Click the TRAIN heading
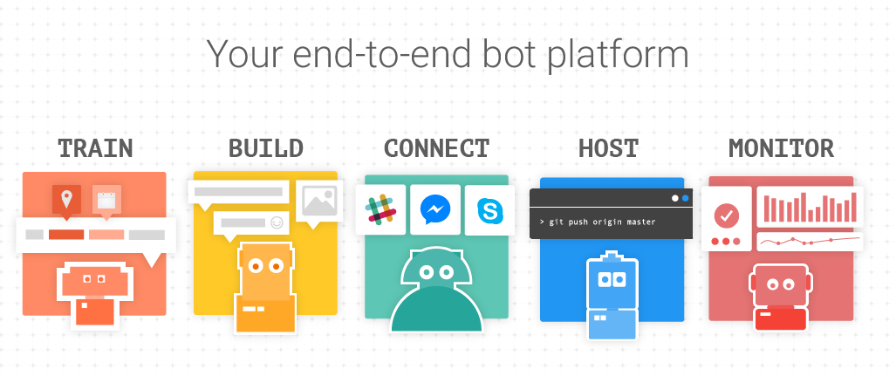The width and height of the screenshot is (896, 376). click(95, 147)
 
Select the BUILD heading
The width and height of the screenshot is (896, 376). click(265, 147)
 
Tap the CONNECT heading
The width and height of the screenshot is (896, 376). click(436, 147)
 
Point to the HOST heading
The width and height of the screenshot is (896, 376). click(608, 147)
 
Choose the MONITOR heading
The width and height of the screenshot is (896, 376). click(781, 147)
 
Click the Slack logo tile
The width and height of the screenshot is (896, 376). click(381, 209)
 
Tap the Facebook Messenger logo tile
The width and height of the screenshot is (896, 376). click(434, 209)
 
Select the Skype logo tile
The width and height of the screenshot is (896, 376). click(489, 209)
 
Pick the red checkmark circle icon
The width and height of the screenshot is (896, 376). click(726, 215)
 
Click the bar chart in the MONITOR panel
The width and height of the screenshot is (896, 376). click(811, 207)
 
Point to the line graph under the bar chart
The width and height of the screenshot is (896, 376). click(811, 241)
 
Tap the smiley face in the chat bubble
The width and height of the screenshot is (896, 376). click(277, 222)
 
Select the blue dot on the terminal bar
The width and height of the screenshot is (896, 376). click(685, 198)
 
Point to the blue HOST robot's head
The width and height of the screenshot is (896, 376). click(608, 278)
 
